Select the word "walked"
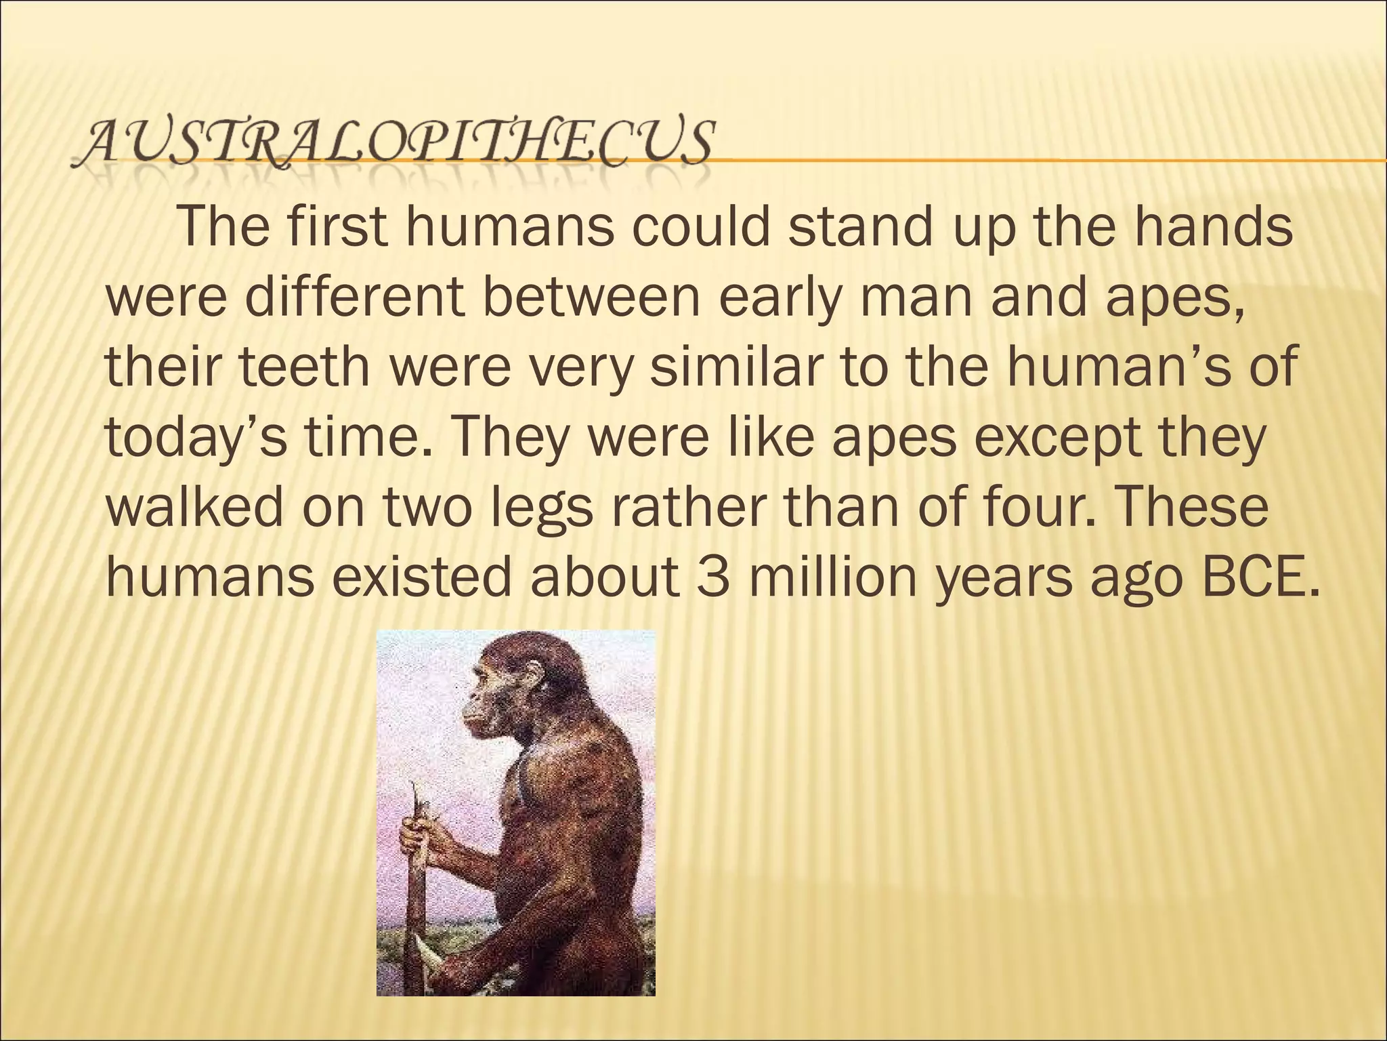point(194,506)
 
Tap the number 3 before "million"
point(712,577)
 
